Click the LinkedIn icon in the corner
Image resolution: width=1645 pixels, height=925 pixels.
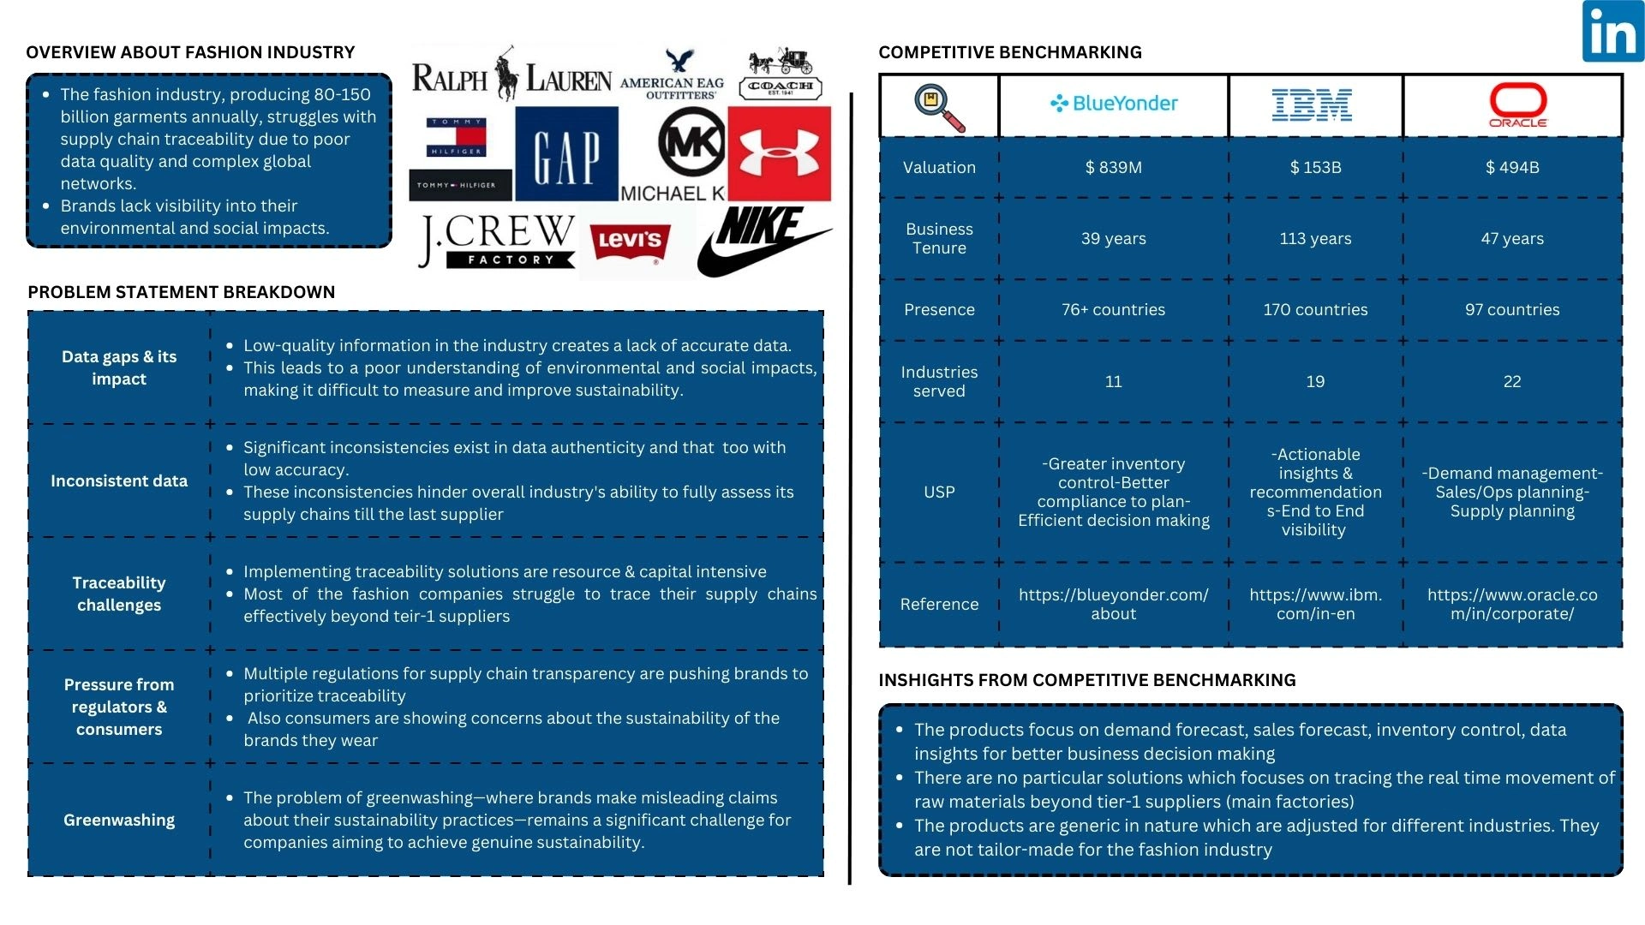coord(1612,32)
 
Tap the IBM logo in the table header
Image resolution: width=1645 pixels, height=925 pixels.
coord(1312,104)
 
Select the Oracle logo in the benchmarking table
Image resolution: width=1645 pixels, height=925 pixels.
coord(1517,105)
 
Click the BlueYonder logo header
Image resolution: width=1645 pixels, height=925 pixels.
coord(1114,104)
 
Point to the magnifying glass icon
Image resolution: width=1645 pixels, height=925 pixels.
coord(939,107)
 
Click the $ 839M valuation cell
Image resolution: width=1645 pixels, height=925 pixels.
coord(1113,168)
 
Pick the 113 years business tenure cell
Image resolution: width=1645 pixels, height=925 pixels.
coord(1315,239)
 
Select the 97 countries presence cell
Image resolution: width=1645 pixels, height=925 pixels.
coord(1511,310)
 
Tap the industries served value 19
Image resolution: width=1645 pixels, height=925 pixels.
coord(1315,382)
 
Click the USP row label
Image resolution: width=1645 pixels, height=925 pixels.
coord(939,492)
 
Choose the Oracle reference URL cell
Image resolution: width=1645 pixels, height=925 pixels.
coord(1511,605)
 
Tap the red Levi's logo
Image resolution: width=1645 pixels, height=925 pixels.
coord(630,242)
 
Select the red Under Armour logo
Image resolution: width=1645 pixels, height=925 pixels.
coord(779,154)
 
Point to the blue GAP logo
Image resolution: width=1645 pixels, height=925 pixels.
coord(566,154)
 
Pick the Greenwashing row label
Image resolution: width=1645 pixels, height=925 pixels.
coord(119,821)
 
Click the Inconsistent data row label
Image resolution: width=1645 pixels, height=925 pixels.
coord(119,481)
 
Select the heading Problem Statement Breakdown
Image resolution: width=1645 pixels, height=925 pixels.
coord(182,292)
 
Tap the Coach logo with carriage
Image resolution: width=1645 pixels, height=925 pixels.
coord(780,75)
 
